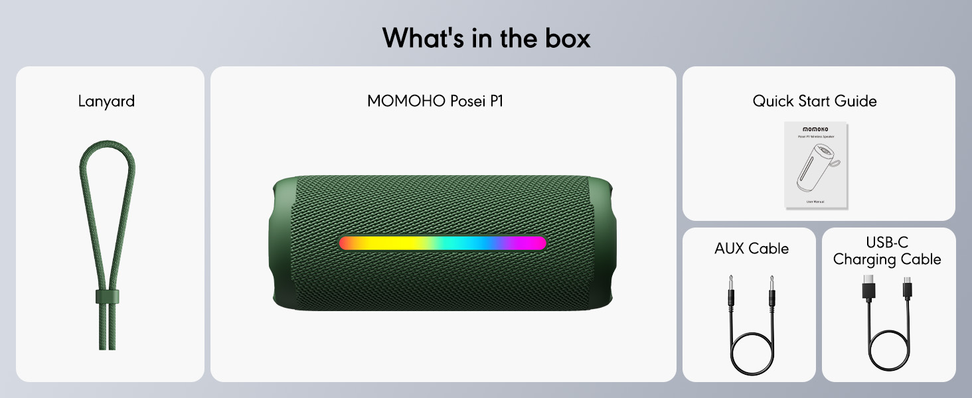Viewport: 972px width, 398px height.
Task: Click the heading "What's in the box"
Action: tap(486, 38)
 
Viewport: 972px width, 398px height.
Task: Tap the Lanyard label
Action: tap(106, 101)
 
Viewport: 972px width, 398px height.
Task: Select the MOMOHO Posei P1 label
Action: tap(435, 101)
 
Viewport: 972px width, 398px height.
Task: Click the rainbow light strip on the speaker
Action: tap(442, 243)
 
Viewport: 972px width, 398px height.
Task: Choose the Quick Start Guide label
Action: tap(815, 101)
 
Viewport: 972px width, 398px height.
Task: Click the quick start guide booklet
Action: tap(816, 165)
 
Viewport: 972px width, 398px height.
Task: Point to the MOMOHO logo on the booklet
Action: tap(816, 129)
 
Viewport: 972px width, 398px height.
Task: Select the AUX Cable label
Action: tap(752, 249)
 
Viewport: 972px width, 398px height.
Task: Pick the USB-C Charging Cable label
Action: tap(887, 251)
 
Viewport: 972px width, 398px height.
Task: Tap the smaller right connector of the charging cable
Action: tap(908, 289)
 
